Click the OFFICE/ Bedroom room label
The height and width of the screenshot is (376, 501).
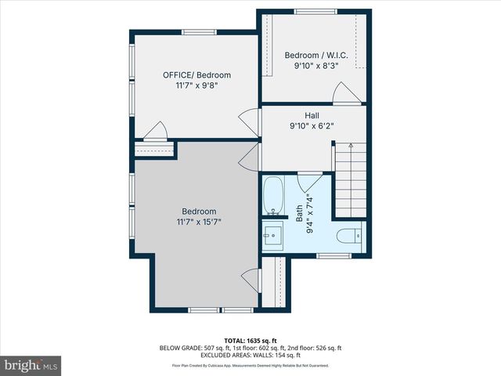[x=196, y=75]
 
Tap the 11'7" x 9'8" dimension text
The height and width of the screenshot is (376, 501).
[x=196, y=86]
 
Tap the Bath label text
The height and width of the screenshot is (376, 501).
[x=298, y=213]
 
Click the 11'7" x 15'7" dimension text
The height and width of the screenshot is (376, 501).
[x=199, y=222]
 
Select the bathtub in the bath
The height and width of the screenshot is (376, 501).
[x=273, y=197]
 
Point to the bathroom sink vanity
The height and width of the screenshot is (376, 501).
[x=273, y=235]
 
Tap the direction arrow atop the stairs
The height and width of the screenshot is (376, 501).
[x=351, y=146]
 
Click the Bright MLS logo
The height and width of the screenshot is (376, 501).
[x=31, y=365]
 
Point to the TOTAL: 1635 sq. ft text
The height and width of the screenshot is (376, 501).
[x=250, y=340]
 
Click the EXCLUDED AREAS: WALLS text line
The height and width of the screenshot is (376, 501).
[x=250, y=355]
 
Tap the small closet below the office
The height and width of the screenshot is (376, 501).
[x=153, y=150]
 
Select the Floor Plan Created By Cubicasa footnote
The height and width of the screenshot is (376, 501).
[x=250, y=365]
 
